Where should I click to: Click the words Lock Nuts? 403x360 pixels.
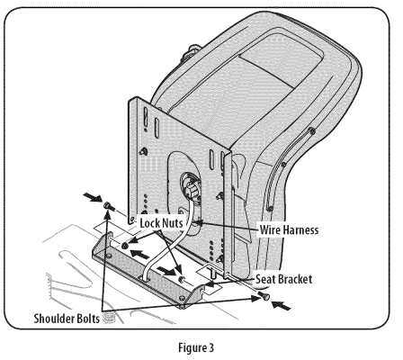point(161,223)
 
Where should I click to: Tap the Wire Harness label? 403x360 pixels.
point(289,230)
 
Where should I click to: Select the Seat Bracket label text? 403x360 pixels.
point(283,279)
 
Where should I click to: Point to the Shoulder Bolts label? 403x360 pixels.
point(67,319)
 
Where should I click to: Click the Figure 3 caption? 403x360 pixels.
point(196,347)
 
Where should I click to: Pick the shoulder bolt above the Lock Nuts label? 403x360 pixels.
point(109,206)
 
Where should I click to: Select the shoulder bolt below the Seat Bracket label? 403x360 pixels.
point(264,295)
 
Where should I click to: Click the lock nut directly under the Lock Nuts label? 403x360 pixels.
point(124,246)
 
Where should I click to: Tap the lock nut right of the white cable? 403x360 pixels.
point(182,280)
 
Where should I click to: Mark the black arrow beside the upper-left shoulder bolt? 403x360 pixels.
point(93,197)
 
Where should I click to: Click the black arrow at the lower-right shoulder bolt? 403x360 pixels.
point(281,305)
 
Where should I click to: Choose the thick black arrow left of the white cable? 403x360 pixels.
point(139,254)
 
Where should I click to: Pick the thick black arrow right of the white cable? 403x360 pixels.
point(167,271)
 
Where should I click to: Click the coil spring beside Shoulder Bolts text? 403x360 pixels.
point(107,318)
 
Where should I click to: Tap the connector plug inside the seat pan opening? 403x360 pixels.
point(190,189)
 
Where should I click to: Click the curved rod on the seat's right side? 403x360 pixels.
point(289,166)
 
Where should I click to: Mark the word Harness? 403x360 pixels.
point(300,230)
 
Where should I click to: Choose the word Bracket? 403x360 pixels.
point(295,279)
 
